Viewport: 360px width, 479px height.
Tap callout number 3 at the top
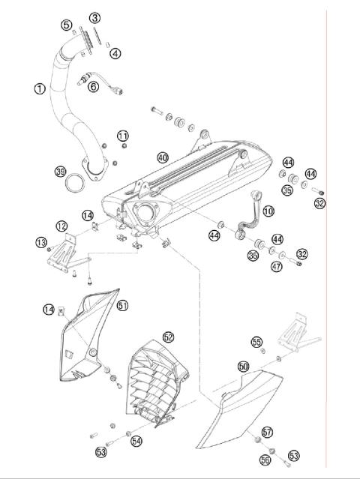pyautogui.click(x=94, y=17)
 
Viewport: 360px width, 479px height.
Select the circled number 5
pyautogui.click(x=67, y=25)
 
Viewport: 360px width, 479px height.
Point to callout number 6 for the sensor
pyautogui.click(x=94, y=86)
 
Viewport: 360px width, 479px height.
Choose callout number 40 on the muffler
pyautogui.click(x=162, y=157)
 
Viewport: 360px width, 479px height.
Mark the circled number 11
pyautogui.click(x=123, y=135)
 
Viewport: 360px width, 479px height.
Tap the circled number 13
pyautogui.click(x=42, y=241)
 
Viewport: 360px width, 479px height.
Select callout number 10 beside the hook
pyautogui.click(x=268, y=215)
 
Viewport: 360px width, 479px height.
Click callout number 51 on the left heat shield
pyautogui.click(x=122, y=304)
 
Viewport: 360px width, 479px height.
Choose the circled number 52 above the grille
pyautogui.click(x=168, y=337)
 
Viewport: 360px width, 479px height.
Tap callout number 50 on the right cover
pyautogui.click(x=243, y=367)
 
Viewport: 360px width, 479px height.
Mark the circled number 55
pyautogui.click(x=257, y=342)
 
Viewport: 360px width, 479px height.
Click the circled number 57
pyautogui.click(x=268, y=433)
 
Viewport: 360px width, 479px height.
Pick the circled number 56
pyautogui.click(x=265, y=460)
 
